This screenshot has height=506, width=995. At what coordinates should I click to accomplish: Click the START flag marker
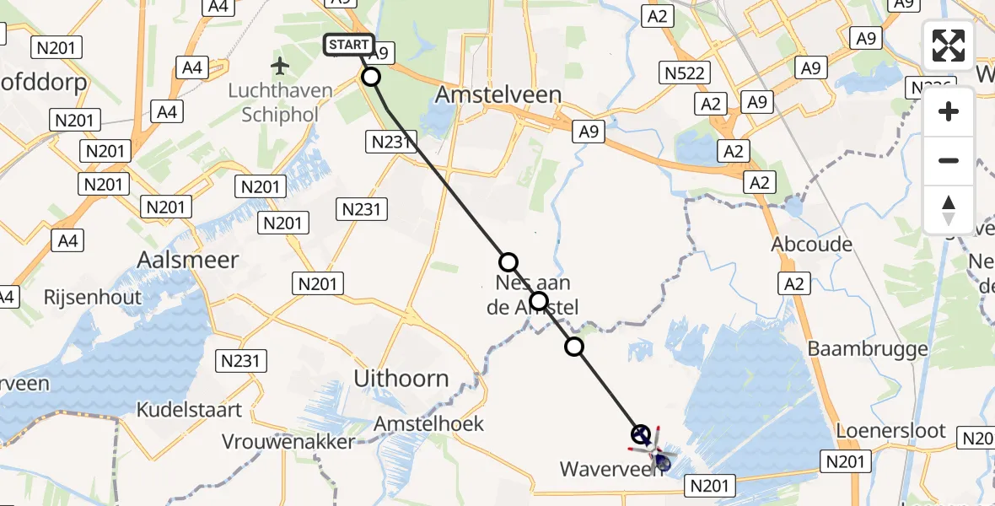[349, 45]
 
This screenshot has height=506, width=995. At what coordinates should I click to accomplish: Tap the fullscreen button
[949, 46]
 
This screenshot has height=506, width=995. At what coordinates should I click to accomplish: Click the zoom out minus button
[949, 160]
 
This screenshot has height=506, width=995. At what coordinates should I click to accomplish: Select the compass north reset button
[949, 209]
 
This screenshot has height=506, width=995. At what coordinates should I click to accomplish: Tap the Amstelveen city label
[497, 95]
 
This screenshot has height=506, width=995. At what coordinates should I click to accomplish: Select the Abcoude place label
[812, 245]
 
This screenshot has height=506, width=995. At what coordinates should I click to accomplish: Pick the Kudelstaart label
[191, 411]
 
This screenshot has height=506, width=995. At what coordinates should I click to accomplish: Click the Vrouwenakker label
[288, 441]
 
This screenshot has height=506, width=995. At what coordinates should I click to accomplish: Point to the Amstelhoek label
[431, 423]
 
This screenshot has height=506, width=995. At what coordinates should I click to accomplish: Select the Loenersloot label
[890, 430]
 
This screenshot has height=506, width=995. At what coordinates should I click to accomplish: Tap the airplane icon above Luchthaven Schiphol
[279, 65]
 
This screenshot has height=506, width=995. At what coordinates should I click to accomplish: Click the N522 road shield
[684, 73]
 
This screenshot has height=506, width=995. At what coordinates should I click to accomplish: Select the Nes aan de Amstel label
[533, 294]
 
